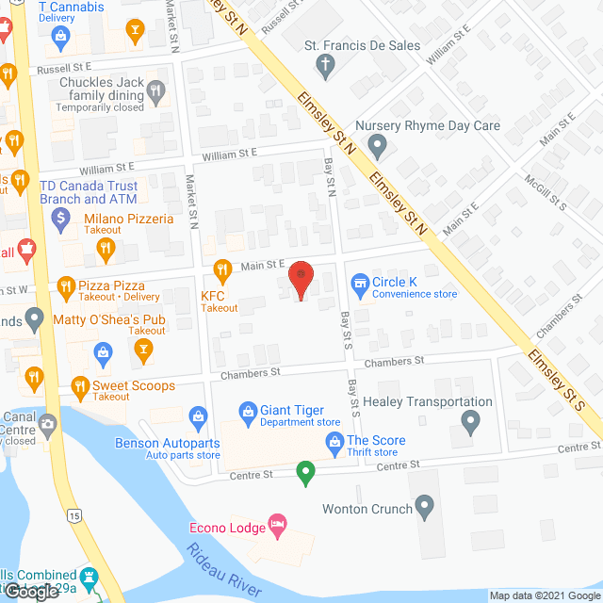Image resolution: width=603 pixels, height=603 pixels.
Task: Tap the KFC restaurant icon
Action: click(x=222, y=271)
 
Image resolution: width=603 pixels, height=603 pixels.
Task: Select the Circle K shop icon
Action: click(x=359, y=282)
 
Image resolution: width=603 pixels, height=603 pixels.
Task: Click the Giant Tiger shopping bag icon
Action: click(x=248, y=411)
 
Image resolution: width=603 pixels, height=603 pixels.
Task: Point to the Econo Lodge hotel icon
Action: click(x=277, y=524)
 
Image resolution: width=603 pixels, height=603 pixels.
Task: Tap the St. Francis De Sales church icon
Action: click(x=324, y=64)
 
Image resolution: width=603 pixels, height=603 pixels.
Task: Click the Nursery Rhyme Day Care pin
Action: click(x=377, y=146)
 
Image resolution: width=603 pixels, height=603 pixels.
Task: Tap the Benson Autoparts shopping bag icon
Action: click(x=199, y=415)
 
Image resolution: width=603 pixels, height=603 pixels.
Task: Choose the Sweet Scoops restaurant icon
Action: click(x=76, y=386)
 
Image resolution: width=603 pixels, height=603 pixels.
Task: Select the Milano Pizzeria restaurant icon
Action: click(x=106, y=250)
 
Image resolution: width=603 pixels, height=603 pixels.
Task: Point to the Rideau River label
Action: click(x=223, y=570)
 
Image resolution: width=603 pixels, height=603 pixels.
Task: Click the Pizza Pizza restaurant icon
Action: click(x=65, y=285)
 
